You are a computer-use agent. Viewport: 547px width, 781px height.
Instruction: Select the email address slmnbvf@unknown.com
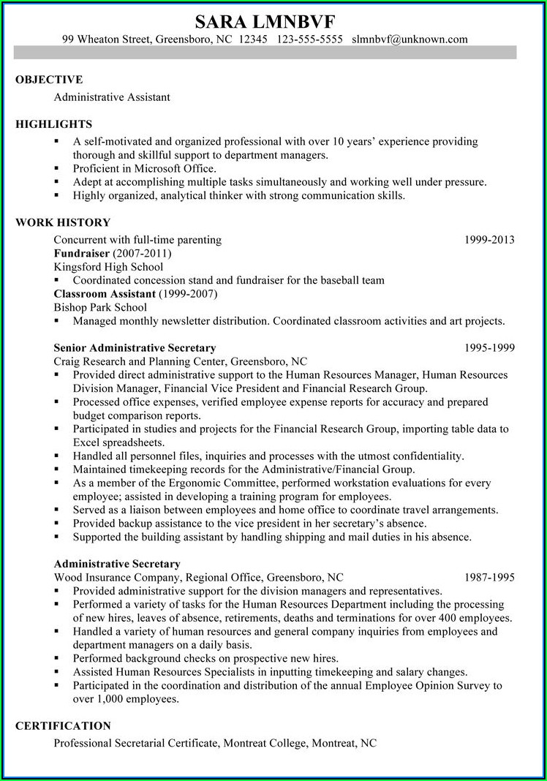[410, 39]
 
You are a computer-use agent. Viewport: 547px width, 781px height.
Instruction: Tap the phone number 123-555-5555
[310, 39]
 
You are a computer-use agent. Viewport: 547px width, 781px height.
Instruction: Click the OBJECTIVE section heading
[49, 80]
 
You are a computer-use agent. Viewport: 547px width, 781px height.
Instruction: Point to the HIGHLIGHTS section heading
[53, 124]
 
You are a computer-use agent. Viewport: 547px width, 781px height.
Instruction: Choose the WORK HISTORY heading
[63, 222]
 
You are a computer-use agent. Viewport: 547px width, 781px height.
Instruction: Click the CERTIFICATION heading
[63, 726]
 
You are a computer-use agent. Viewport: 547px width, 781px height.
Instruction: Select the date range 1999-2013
[489, 240]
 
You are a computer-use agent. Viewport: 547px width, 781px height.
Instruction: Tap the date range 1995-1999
[489, 348]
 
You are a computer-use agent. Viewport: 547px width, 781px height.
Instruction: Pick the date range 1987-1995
[489, 577]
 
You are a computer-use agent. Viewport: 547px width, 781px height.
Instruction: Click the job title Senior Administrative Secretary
[135, 348]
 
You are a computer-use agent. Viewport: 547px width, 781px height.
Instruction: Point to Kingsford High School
[108, 267]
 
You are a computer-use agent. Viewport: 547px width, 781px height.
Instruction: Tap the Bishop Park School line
[100, 307]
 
